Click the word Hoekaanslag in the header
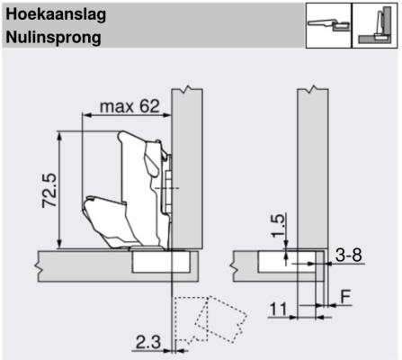point(56,15)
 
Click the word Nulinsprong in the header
point(53,38)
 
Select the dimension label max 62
point(130,106)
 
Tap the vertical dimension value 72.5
point(49,190)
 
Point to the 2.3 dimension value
point(148,342)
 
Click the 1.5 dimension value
point(278,226)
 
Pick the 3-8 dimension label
point(349,256)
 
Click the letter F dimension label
point(345,297)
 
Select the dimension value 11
point(279,310)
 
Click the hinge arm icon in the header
point(328,24)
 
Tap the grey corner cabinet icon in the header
point(375,25)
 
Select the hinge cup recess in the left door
point(161,262)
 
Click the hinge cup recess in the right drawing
point(286,262)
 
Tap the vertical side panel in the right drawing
point(313,168)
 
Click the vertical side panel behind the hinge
point(187,168)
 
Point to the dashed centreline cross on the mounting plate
point(167,188)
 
